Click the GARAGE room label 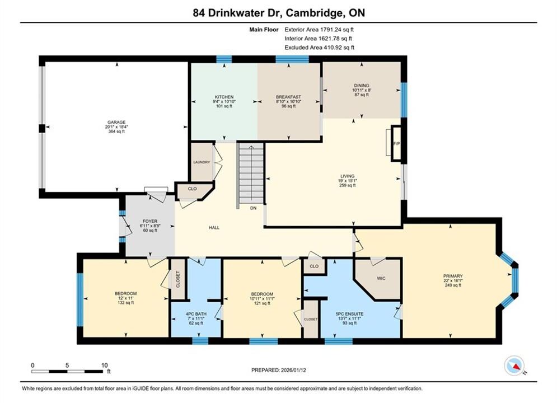coord(116,122)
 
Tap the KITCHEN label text coord(224,97)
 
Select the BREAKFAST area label coord(288,97)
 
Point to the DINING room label coord(361,86)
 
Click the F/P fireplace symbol coord(396,143)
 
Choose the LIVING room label coord(348,176)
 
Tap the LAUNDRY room coord(202,162)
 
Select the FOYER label coord(150,221)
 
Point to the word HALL coord(214,228)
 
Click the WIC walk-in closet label coord(381,278)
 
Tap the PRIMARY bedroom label coord(453,276)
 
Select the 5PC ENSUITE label coord(349,314)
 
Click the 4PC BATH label coord(196,314)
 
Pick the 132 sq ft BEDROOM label coord(126,293)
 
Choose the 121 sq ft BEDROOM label coord(262,294)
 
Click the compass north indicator coord(514,365)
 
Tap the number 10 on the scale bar coord(105,365)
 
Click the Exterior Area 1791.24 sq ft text coord(319,30)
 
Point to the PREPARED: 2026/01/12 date coord(279,370)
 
